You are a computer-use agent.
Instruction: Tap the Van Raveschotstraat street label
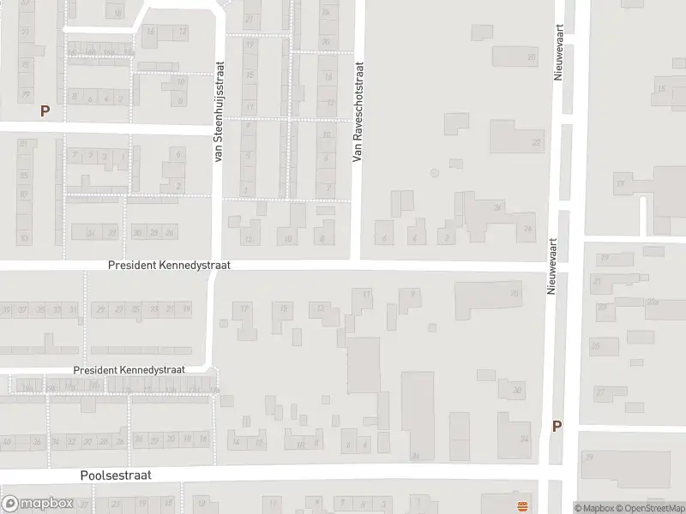(x=358, y=111)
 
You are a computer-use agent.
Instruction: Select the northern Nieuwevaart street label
(x=557, y=52)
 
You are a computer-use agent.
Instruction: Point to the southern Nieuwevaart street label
(x=553, y=266)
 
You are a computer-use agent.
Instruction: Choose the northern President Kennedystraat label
(x=169, y=266)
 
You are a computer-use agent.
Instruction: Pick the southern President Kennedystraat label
(x=129, y=369)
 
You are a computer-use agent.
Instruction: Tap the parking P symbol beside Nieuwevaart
(x=557, y=426)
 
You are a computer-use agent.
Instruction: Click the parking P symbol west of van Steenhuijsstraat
(x=45, y=111)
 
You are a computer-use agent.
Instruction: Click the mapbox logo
(x=36, y=504)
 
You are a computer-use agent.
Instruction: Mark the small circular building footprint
(x=434, y=174)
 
